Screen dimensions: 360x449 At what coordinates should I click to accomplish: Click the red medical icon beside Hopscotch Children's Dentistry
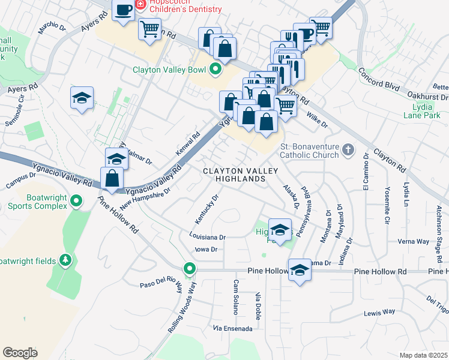click(x=140, y=4)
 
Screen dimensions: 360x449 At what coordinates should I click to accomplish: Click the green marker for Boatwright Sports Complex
click(x=76, y=201)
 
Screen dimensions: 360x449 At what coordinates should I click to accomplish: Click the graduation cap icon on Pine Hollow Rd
click(x=299, y=269)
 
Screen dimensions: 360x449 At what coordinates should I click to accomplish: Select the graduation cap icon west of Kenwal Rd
click(x=82, y=98)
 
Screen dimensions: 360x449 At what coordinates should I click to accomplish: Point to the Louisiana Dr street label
click(x=206, y=238)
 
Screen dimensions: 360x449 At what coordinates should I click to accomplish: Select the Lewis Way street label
click(x=380, y=312)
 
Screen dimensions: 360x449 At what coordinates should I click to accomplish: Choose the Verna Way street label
click(x=414, y=242)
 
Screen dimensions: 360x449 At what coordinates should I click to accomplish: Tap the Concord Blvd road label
click(x=379, y=79)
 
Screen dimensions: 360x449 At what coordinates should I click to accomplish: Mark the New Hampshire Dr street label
click(x=145, y=197)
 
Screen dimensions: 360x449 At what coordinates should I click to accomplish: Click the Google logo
click(x=20, y=352)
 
